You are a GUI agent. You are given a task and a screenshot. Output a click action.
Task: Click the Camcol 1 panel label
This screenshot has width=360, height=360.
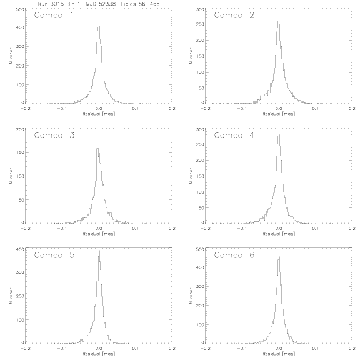click(x=54, y=15)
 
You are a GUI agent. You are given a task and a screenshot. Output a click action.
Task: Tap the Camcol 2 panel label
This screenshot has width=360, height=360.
click(x=234, y=15)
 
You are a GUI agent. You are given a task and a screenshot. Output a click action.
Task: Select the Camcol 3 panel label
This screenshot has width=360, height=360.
click(x=54, y=135)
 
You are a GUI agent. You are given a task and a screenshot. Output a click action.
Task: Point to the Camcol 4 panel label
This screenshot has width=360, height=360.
click(x=234, y=135)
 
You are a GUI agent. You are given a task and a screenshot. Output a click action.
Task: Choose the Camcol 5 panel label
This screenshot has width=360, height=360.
click(x=54, y=255)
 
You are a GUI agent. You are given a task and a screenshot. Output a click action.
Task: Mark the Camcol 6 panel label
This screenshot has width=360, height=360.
click(x=234, y=255)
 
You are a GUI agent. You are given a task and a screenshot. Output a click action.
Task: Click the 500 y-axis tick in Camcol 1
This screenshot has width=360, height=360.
click(x=20, y=9)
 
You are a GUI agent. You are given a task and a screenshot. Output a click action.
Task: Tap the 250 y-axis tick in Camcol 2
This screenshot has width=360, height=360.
click(x=200, y=24)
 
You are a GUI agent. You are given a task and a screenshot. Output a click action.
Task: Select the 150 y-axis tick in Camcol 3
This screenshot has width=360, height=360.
click(x=20, y=152)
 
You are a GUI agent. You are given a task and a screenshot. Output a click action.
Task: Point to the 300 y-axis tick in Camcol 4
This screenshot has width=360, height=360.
click(x=200, y=130)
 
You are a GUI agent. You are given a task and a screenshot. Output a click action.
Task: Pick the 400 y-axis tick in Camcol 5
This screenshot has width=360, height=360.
click(x=20, y=249)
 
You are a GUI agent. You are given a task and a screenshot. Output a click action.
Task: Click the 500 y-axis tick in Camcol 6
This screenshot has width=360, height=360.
click(x=200, y=249)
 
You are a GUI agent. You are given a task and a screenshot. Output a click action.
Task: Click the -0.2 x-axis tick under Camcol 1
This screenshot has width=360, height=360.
click(x=25, y=108)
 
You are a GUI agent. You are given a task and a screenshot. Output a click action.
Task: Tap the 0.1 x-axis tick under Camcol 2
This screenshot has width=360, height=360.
click(x=316, y=108)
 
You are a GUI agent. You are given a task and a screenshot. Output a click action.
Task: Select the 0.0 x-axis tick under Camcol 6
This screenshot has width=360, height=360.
click(x=279, y=348)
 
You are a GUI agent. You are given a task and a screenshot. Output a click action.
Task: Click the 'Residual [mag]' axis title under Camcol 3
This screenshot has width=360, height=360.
click(x=99, y=234)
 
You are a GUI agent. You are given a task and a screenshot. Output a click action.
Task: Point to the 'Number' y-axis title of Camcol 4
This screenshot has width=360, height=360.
click(x=191, y=176)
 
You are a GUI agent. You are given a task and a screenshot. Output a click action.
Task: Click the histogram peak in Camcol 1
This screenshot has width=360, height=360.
click(x=99, y=26)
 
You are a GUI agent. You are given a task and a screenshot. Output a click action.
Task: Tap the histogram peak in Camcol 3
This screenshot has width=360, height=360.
click(x=97, y=148)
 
